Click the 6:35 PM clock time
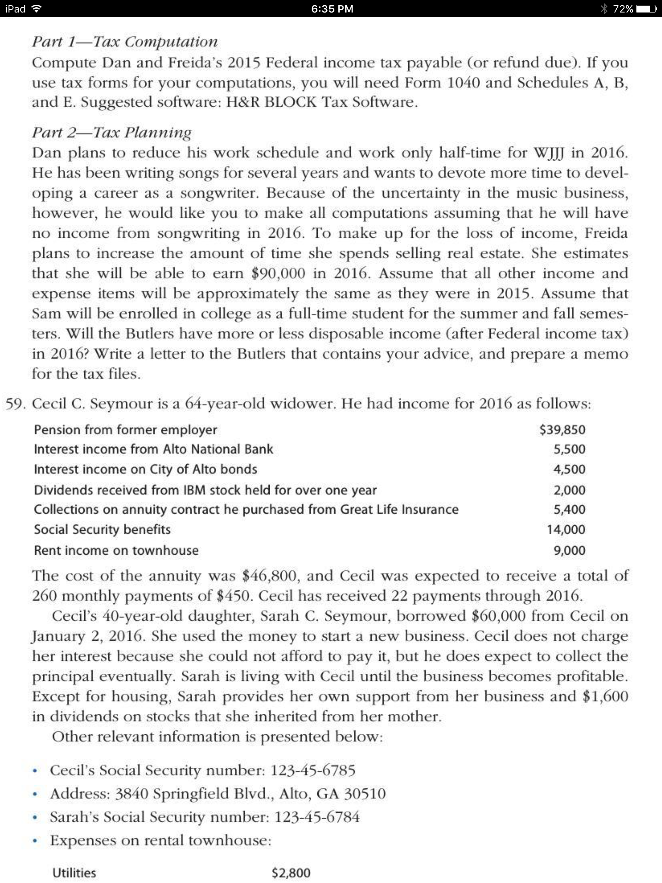tap(332, 9)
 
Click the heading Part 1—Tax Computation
tap(125, 42)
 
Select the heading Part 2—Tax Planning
tap(112, 132)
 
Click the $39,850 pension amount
tap(562, 429)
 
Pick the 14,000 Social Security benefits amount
tap(566, 529)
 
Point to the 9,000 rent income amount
tap(569, 550)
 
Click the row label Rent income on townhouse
tap(116, 550)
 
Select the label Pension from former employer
tap(125, 429)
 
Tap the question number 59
tap(16, 404)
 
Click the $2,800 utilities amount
tap(291, 873)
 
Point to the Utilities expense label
tap(74, 873)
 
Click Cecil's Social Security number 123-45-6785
tap(312, 770)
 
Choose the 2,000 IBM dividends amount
tap(569, 490)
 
